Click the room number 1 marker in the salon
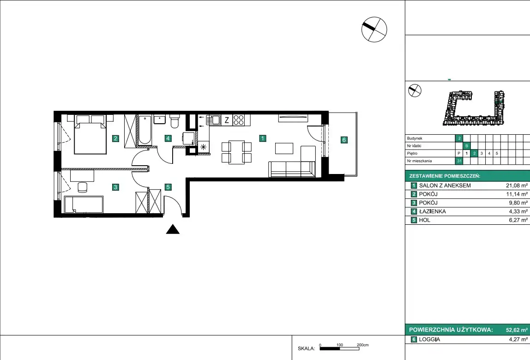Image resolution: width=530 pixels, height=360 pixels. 262,138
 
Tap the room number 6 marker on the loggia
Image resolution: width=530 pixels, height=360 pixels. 344,139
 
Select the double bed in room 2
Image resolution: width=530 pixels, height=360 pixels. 90,134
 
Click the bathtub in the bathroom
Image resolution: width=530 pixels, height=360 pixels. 145,130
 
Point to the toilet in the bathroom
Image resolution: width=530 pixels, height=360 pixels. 175,121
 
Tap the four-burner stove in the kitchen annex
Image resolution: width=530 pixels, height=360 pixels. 239,120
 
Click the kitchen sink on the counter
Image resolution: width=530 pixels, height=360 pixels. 213,120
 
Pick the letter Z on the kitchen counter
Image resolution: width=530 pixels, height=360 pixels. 227,120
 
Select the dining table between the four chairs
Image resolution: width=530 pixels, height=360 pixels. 236,152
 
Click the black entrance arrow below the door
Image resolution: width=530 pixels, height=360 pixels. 173,229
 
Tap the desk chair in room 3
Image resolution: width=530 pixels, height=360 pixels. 83,187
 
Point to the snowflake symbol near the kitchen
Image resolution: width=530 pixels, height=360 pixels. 203,147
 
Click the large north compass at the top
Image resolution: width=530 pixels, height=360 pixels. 374,30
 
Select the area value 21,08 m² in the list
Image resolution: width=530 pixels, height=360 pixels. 517,185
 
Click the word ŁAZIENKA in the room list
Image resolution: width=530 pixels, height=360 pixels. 432,211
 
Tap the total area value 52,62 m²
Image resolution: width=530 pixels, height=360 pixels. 517,330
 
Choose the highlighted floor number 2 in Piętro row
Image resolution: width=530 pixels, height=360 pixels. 474,153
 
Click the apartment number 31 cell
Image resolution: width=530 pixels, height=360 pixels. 459,161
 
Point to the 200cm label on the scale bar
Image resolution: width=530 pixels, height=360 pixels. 363,345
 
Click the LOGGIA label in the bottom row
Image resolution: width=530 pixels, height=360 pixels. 429,339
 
